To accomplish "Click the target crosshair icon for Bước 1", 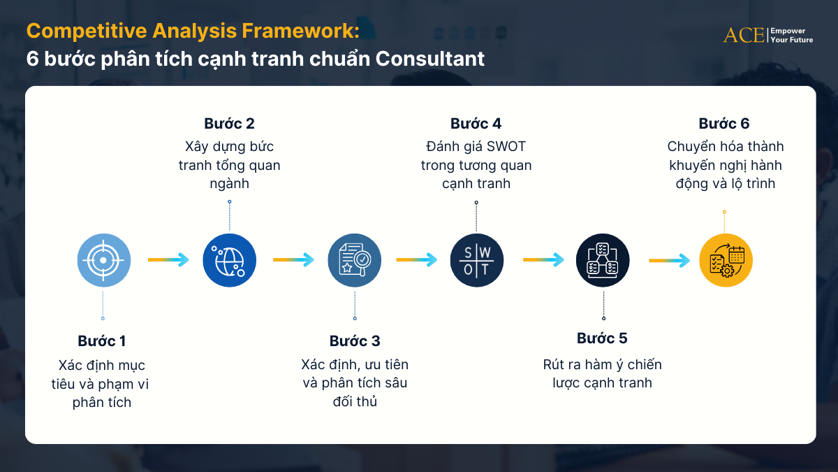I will click(x=103, y=260).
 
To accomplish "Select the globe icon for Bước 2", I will click(x=229, y=260).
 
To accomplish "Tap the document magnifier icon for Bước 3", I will click(x=355, y=260).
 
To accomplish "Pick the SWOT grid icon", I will click(x=476, y=260).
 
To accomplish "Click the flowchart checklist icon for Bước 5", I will click(x=603, y=260).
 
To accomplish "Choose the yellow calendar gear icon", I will click(x=726, y=260).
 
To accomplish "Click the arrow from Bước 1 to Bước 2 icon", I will click(x=168, y=260).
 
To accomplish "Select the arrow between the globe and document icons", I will click(x=294, y=260).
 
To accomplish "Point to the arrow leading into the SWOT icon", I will click(x=417, y=260).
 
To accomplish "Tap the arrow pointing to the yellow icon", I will click(x=670, y=260).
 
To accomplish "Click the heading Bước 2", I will click(x=229, y=124).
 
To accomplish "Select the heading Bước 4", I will click(x=476, y=124).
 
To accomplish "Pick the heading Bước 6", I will click(x=724, y=124).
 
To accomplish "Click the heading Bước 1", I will click(x=102, y=341).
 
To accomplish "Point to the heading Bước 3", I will click(x=355, y=341).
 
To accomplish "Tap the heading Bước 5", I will click(x=602, y=338).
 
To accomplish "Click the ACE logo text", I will click(x=744, y=35).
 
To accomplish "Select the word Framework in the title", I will click(x=297, y=31).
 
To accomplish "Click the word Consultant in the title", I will click(x=430, y=59).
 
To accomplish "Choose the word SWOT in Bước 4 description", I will click(x=505, y=147).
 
